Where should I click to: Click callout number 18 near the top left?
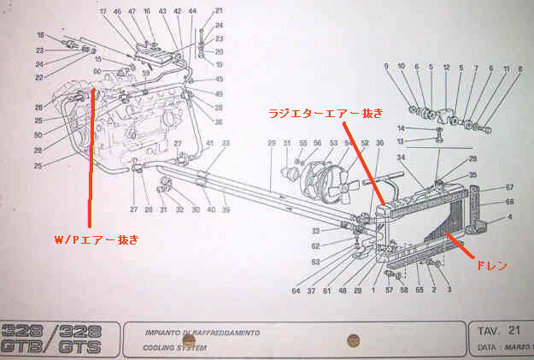pyautogui.click(x=40, y=35)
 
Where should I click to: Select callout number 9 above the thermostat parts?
pyautogui.click(x=386, y=67)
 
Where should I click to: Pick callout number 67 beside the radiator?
pyautogui.click(x=509, y=187)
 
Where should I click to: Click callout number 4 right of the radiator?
pyautogui.click(x=510, y=217)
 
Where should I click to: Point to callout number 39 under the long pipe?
pyautogui.click(x=226, y=210)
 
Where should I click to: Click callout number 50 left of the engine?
pyautogui.click(x=38, y=135)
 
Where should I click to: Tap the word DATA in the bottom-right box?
pyautogui.click(x=486, y=350)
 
